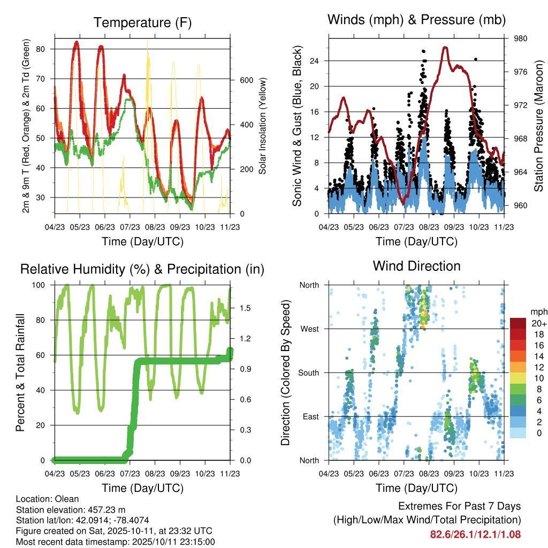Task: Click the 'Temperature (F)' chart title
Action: pyautogui.click(x=142, y=22)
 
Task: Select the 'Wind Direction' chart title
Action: pyautogui.click(x=416, y=266)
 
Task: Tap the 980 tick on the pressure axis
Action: pyautogui.click(x=519, y=39)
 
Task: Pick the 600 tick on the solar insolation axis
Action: pyautogui.click(x=246, y=80)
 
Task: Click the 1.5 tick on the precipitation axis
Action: pyautogui.click(x=246, y=308)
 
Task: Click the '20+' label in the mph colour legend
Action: pyautogui.click(x=537, y=323)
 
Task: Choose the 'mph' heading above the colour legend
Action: pyautogui.click(x=537, y=311)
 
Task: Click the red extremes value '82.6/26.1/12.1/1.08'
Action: pyautogui.click(x=475, y=534)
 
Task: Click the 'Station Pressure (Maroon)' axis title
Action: pyautogui.click(x=538, y=126)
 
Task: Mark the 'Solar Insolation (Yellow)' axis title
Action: pyautogui.click(x=262, y=126)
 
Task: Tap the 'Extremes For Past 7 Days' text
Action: pyautogui.click(x=459, y=506)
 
